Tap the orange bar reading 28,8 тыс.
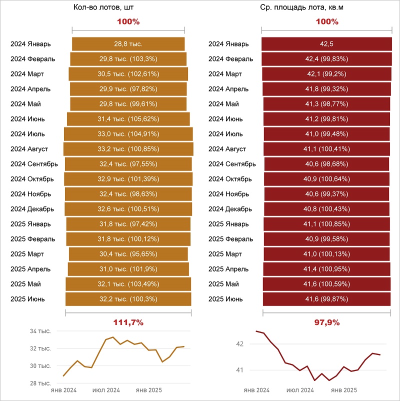[x=128, y=44]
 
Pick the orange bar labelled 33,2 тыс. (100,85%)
[x=128, y=149]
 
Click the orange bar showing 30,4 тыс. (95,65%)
[x=128, y=254]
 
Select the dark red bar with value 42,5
[x=326, y=44]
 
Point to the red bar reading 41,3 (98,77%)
[x=326, y=104]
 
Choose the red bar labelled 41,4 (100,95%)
[x=326, y=269]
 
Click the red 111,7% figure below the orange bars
[x=128, y=322]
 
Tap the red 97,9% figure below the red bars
[x=326, y=322]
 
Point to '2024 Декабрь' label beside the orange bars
[x=32, y=209]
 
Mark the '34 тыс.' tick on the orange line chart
[x=40, y=331]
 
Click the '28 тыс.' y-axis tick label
[x=40, y=383]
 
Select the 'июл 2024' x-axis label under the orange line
[x=106, y=390]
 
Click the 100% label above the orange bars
[x=128, y=21]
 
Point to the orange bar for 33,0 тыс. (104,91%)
[x=128, y=134]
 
